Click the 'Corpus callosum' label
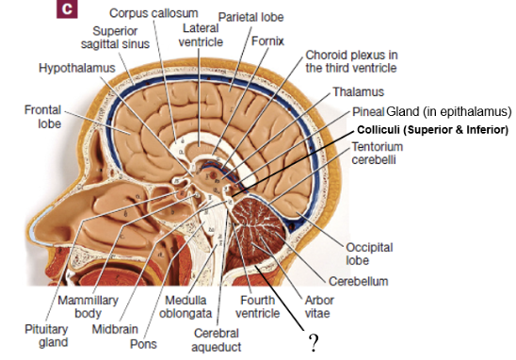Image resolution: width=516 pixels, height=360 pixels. [x=153, y=13]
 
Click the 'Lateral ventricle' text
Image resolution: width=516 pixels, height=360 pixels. [x=200, y=37]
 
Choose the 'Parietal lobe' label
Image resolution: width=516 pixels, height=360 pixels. [x=251, y=18]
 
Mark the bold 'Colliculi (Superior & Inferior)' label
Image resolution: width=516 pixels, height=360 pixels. [x=431, y=129]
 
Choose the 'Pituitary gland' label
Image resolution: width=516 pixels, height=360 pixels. [x=46, y=335]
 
